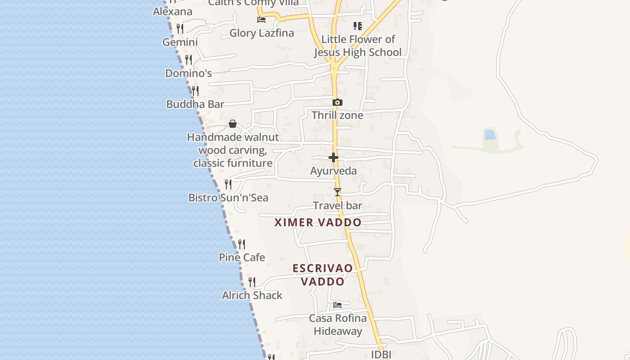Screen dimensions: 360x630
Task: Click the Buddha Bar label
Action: coord(195,104)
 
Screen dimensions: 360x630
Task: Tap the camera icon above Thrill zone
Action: coord(337,103)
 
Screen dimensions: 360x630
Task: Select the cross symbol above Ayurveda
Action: coord(333,157)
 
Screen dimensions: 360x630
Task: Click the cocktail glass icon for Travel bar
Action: coord(337,192)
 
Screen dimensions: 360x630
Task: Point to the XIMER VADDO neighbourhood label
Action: coord(318,222)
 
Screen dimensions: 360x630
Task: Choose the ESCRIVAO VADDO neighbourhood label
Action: coord(323,275)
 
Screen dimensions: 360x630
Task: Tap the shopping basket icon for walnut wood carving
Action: coord(233,124)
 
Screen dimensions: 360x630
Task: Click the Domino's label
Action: coord(189,73)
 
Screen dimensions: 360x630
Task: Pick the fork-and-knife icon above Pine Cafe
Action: coord(242,244)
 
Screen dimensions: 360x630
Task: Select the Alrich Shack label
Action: coord(252,295)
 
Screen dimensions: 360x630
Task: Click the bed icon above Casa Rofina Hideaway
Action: coord(337,305)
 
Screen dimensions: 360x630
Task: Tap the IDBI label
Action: coord(381,355)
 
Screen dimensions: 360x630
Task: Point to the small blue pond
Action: coord(489,134)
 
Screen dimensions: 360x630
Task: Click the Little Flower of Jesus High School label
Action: coord(358,46)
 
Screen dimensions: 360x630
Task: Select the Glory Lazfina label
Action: coord(261,33)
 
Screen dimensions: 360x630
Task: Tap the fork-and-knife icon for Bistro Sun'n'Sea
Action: coord(228,184)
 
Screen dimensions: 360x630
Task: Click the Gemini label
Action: coord(180,42)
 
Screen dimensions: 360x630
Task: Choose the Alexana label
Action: coord(172,11)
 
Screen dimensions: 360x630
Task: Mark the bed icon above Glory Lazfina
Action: coord(261,19)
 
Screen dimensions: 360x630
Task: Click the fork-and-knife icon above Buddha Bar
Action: coord(195,91)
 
